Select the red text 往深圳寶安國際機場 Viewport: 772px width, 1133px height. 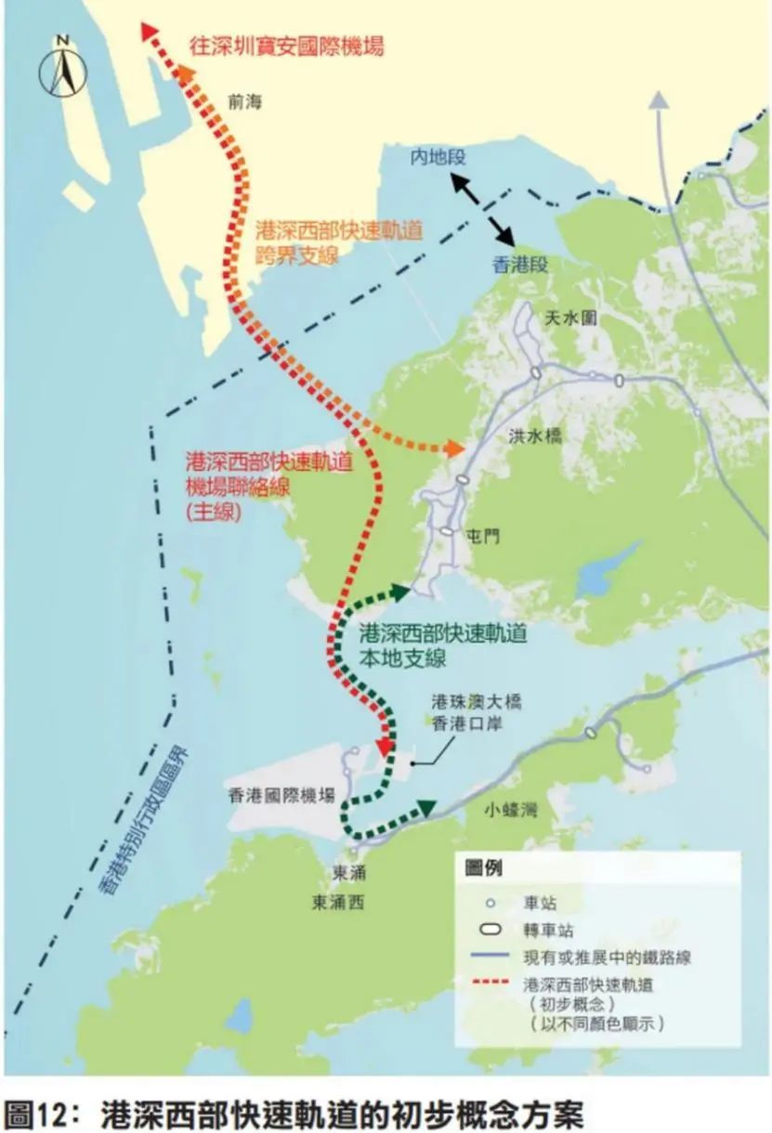[x=286, y=46]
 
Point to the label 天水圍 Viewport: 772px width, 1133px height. [x=570, y=319]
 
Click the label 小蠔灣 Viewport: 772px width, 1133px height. [x=511, y=810]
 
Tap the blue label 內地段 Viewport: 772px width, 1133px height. [x=438, y=157]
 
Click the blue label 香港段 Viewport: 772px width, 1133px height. [x=519, y=265]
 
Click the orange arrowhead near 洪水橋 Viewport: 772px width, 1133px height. [x=454, y=449]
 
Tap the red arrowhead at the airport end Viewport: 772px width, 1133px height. [x=385, y=746]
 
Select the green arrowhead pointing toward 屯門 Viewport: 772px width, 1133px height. [x=400, y=591]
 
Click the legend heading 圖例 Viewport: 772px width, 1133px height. [x=484, y=868]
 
